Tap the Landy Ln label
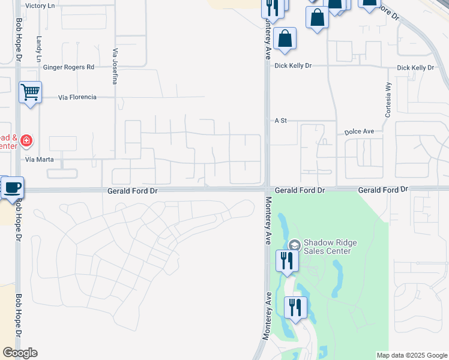38,49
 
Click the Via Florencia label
77,97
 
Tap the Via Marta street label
40,160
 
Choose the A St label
281,121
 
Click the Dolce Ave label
359,131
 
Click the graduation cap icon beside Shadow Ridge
294,245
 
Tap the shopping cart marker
29,92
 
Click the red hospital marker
26,141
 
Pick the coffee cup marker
12,187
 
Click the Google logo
20,353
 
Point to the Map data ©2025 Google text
411,355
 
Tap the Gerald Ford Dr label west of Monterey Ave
132,190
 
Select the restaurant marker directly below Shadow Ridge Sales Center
286,260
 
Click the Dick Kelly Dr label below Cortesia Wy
415,68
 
